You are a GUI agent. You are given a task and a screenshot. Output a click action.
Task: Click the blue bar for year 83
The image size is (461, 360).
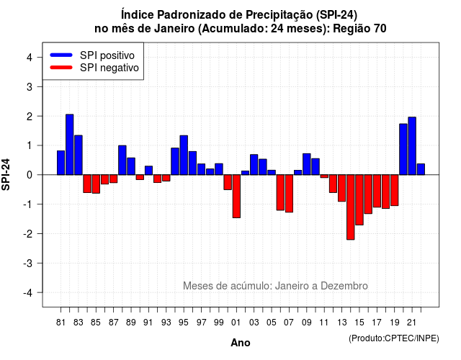pyautogui.click(x=79, y=156)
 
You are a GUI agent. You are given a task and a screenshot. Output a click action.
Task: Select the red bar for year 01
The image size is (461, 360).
pyautogui.click(x=236, y=197)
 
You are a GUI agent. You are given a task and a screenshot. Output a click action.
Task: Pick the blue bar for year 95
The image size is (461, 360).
pyautogui.click(x=184, y=156)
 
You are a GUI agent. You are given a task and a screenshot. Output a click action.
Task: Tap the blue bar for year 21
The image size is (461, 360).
pyautogui.click(x=412, y=146)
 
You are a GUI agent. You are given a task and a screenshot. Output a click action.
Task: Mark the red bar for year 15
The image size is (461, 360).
pyautogui.click(x=359, y=200)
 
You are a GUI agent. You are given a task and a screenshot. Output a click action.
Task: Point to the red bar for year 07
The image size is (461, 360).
pyautogui.click(x=289, y=194)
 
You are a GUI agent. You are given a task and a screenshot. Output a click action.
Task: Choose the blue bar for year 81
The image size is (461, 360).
pyautogui.click(x=61, y=163)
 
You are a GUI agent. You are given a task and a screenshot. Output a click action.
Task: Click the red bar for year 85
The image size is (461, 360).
pyautogui.click(x=96, y=184)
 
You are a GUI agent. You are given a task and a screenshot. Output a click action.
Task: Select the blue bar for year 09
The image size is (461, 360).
pyautogui.click(x=307, y=164)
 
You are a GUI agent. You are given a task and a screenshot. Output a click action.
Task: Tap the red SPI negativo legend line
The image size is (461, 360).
pyautogui.click(x=61, y=68)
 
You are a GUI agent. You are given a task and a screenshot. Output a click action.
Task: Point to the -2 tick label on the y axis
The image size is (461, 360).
pyautogui.click(x=28, y=233)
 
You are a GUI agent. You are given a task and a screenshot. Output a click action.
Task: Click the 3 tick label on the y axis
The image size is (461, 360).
pyautogui.click(x=30, y=86)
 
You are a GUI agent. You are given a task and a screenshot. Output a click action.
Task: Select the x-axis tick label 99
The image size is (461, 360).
pyautogui.click(x=219, y=323)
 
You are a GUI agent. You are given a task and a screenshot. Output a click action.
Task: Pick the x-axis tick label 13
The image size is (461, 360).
pyautogui.click(x=341, y=323)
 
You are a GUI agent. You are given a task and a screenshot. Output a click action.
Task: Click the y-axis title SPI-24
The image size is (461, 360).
pyautogui.click(x=6, y=174)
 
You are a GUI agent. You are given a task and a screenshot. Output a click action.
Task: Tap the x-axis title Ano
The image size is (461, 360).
pyautogui.click(x=241, y=343)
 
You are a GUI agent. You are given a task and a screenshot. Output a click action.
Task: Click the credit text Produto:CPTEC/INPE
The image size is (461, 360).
pyautogui.click(x=394, y=338)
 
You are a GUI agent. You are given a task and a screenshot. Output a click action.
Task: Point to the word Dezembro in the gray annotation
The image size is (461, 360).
pyautogui.click(x=344, y=286)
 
